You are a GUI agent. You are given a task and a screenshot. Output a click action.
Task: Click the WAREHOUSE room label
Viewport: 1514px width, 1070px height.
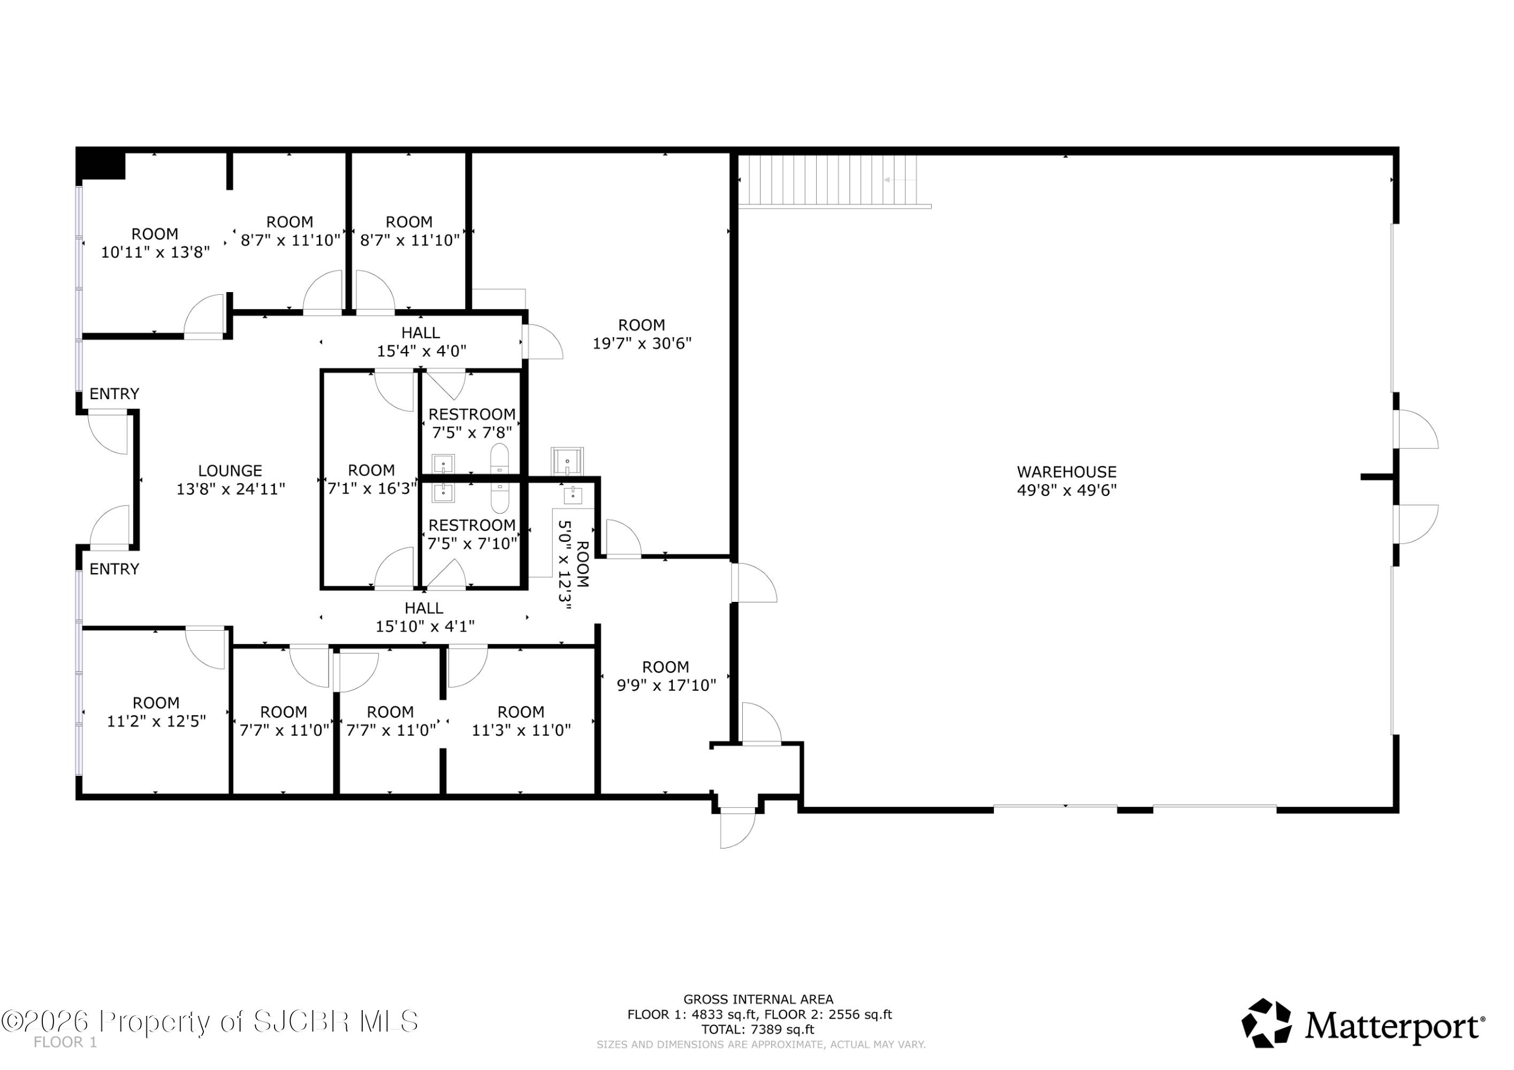(1066, 472)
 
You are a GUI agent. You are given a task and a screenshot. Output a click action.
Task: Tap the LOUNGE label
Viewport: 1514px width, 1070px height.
(230, 471)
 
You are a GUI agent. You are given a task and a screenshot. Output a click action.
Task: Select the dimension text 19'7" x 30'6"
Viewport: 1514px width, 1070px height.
(642, 343)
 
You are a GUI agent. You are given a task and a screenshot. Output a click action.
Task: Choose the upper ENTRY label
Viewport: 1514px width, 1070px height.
(114, 394)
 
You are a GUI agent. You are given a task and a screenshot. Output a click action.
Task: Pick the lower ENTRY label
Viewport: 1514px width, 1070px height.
(114, 569)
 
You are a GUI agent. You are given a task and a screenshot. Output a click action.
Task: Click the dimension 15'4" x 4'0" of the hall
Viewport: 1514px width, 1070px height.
(421, 351)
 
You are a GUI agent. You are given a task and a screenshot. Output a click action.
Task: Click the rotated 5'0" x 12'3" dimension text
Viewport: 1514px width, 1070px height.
(565, 565)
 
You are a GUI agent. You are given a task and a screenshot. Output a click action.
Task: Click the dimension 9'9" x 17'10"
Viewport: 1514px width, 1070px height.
(666, 686)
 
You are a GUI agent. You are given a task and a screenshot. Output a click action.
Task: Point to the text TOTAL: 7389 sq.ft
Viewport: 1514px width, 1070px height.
(758, 1029)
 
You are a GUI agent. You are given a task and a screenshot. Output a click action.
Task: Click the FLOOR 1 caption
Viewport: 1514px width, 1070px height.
(65, 1042)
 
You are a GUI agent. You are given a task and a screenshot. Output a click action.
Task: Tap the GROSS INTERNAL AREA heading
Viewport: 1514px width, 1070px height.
(758, 999)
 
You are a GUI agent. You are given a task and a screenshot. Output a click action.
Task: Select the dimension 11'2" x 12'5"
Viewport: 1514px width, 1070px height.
(156, 721)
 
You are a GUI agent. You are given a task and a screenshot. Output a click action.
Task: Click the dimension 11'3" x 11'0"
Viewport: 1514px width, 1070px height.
(521, 730)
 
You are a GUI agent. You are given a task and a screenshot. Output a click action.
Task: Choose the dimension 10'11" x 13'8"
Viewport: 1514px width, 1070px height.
(155, 252)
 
